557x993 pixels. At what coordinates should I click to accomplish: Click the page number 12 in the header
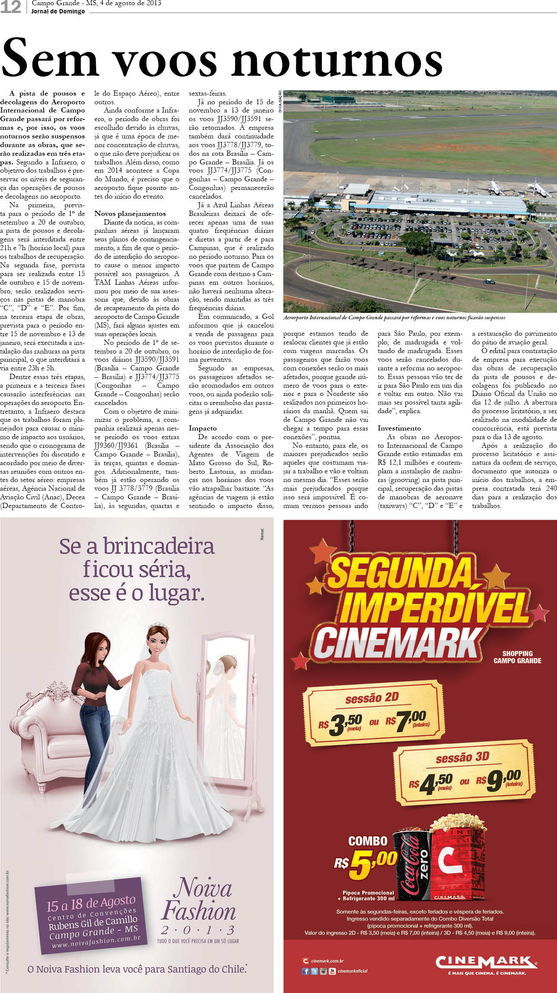tap(11, 6)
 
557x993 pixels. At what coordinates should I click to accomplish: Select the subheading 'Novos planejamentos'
tap(130, 213)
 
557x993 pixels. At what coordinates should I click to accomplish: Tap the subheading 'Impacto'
tap(203, 428)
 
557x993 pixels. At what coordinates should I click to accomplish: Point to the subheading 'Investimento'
tap(399, 428)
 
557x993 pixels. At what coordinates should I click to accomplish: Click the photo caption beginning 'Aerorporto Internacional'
tap(394, 318)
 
